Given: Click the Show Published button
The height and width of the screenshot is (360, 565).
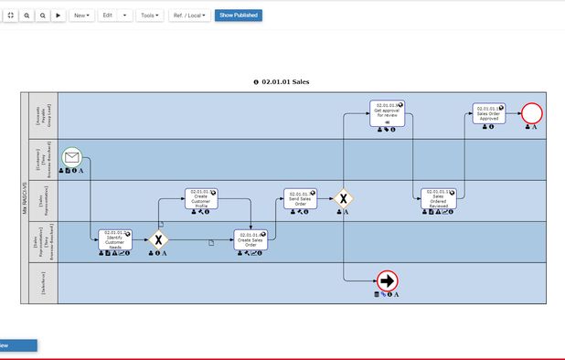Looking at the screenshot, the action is tap(238, 16).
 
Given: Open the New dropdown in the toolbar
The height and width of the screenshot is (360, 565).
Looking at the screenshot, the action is tap(81, 16).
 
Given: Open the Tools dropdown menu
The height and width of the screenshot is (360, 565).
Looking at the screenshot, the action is tap(149, 16).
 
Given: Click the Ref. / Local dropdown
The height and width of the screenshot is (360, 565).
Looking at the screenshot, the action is tap(189, 16).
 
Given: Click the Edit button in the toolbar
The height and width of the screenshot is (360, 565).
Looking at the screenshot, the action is tap(108, 16).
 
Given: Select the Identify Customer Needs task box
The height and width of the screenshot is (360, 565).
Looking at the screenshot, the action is tap(115, 239).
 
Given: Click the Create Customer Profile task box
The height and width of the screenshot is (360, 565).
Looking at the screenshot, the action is tap(201, 198).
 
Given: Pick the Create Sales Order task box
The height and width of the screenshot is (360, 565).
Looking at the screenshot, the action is tap(251, 239).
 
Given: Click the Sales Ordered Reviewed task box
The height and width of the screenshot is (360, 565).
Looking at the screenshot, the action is tap(438, 198).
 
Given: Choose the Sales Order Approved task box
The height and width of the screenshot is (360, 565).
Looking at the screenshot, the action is tap(488, 113).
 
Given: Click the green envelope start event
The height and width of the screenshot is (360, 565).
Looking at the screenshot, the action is tap(72, 157).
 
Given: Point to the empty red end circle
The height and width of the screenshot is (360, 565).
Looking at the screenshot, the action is tap(531, 113).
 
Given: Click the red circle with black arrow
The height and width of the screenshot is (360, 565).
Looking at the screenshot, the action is tap(387, 281).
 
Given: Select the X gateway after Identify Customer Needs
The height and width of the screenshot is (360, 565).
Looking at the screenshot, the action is tap(159, 240).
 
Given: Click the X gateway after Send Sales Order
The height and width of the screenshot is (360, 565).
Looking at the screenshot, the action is tap(343, 198).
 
